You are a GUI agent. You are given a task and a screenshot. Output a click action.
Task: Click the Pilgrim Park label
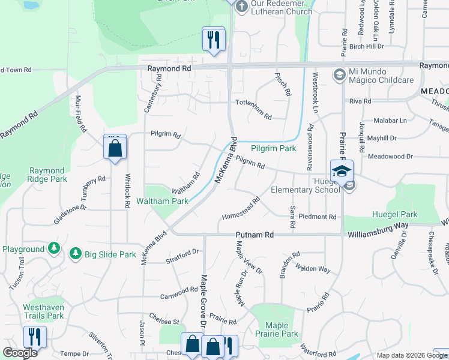273,148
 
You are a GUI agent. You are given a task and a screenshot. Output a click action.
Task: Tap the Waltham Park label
163,202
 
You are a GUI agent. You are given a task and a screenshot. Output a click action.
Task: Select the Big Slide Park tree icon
76,254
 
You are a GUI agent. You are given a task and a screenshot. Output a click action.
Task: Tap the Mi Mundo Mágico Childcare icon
339,74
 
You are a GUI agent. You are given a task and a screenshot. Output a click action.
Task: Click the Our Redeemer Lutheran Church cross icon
241,7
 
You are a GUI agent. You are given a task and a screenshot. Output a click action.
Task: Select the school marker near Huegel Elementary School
341,172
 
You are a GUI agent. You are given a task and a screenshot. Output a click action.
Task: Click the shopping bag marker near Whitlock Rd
115,147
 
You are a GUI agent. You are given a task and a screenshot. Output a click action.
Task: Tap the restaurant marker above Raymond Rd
214,40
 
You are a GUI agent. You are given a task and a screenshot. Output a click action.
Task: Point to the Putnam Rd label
255,235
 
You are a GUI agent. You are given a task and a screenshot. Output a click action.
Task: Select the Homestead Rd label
241,209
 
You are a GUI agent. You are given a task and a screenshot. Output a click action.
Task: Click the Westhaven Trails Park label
43,311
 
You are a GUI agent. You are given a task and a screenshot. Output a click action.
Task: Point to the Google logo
20,353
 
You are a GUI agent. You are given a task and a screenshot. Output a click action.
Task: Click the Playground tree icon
53,248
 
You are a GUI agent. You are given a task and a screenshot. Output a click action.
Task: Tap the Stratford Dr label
181,256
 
